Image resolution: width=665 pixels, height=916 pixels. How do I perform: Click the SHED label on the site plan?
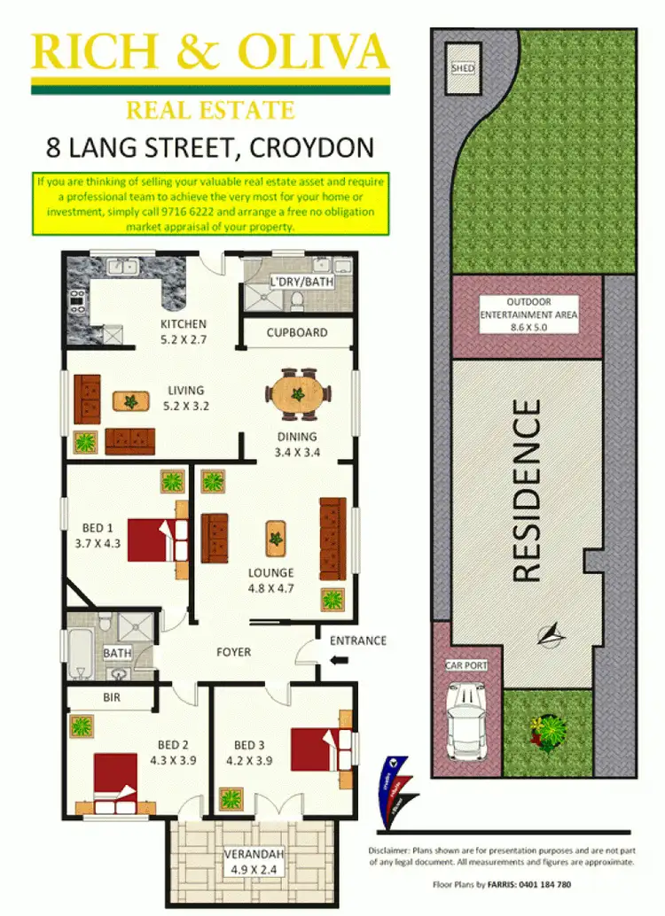pos(463,67)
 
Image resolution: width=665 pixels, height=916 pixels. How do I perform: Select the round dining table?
pos(299,394)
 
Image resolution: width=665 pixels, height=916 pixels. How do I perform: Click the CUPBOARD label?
pos(298,333)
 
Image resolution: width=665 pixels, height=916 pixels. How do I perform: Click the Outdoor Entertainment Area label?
pos(528,314)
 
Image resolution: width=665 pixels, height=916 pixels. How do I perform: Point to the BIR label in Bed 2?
pos(111,698)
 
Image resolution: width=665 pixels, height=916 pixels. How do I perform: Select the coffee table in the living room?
pos(131,401)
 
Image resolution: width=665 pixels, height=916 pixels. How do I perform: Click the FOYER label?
pos(233,652)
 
